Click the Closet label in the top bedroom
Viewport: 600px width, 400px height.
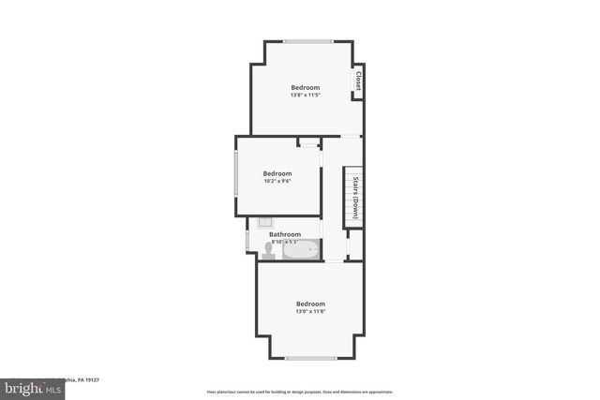pyautogui.click(x=358, y=81)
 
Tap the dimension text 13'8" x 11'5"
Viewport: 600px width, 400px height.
pyautogui.click(x=305, y=95)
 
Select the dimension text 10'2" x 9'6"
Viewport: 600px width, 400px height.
pyautogui.click(x=277, y=181)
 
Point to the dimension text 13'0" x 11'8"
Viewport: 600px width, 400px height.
pyautogui.click(x=310, y=311)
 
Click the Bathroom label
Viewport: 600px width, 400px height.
pyautogui.click(x=285, y=234)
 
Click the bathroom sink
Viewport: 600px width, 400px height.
pyautogui.click(x=265, y=224)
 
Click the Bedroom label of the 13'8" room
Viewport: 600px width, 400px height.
pyautogui.click(x=305, y=87)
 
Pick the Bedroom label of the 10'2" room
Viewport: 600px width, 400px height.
pyautogui.click(x=277, y=173)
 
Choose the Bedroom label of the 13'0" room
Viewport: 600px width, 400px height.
pyautogui.click(x=310, y=304)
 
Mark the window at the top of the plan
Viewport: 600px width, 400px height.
pyautogui.click(x=308, y=41)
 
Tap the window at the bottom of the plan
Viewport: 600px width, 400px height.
pyautogui.click(x=310, y=358)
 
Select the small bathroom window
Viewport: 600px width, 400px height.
pyautogui.click(x=247, y=241)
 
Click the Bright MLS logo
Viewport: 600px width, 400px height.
pyautogui.click(x=29, y=385)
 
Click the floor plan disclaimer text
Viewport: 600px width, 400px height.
pyautogui.click(x=300, y=392)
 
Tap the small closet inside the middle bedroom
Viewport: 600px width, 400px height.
pyautogui.click(x=308, y=143)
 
